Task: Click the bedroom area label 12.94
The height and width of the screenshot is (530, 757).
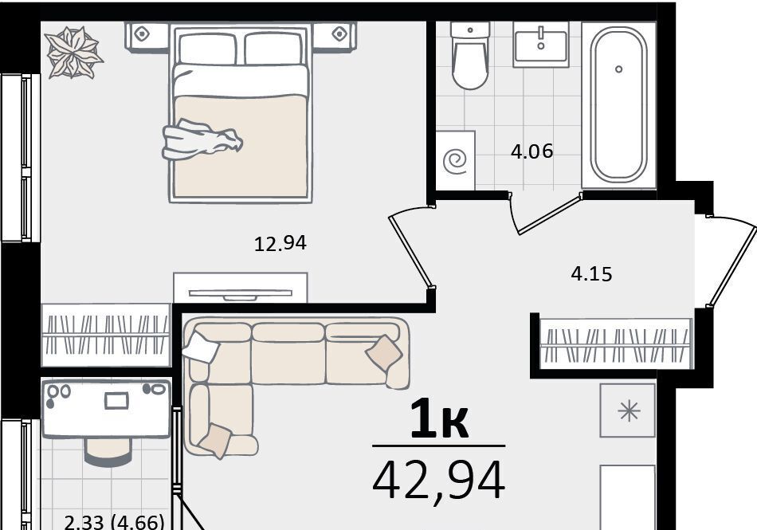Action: point(280,243)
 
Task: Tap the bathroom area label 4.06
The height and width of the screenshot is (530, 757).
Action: point(531,151)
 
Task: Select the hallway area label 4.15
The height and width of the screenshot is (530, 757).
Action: point(591,274)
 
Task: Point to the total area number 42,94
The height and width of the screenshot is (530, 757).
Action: point(439,481)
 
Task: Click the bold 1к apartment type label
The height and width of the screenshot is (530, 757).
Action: point(439,421)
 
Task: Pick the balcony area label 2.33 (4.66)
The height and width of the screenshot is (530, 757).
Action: point(115,522)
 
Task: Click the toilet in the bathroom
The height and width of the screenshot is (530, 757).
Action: point(470,56)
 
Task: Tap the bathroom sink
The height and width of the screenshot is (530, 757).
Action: point(541,44)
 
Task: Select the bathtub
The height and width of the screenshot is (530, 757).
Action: point(619,104)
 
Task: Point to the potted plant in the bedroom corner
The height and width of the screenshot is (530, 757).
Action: point(74,52)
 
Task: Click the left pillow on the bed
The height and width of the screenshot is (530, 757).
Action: point(208,48)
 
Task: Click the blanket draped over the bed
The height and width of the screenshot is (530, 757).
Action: point(202,140)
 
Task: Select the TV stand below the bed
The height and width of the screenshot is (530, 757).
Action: point(241,288)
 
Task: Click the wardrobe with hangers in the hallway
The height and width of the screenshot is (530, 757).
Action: point(615,344)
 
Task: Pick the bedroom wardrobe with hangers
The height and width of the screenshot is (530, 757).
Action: point(106,335)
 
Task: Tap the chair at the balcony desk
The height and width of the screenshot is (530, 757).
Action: point(108,451)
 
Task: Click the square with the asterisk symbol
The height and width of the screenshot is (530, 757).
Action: point(628,410)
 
